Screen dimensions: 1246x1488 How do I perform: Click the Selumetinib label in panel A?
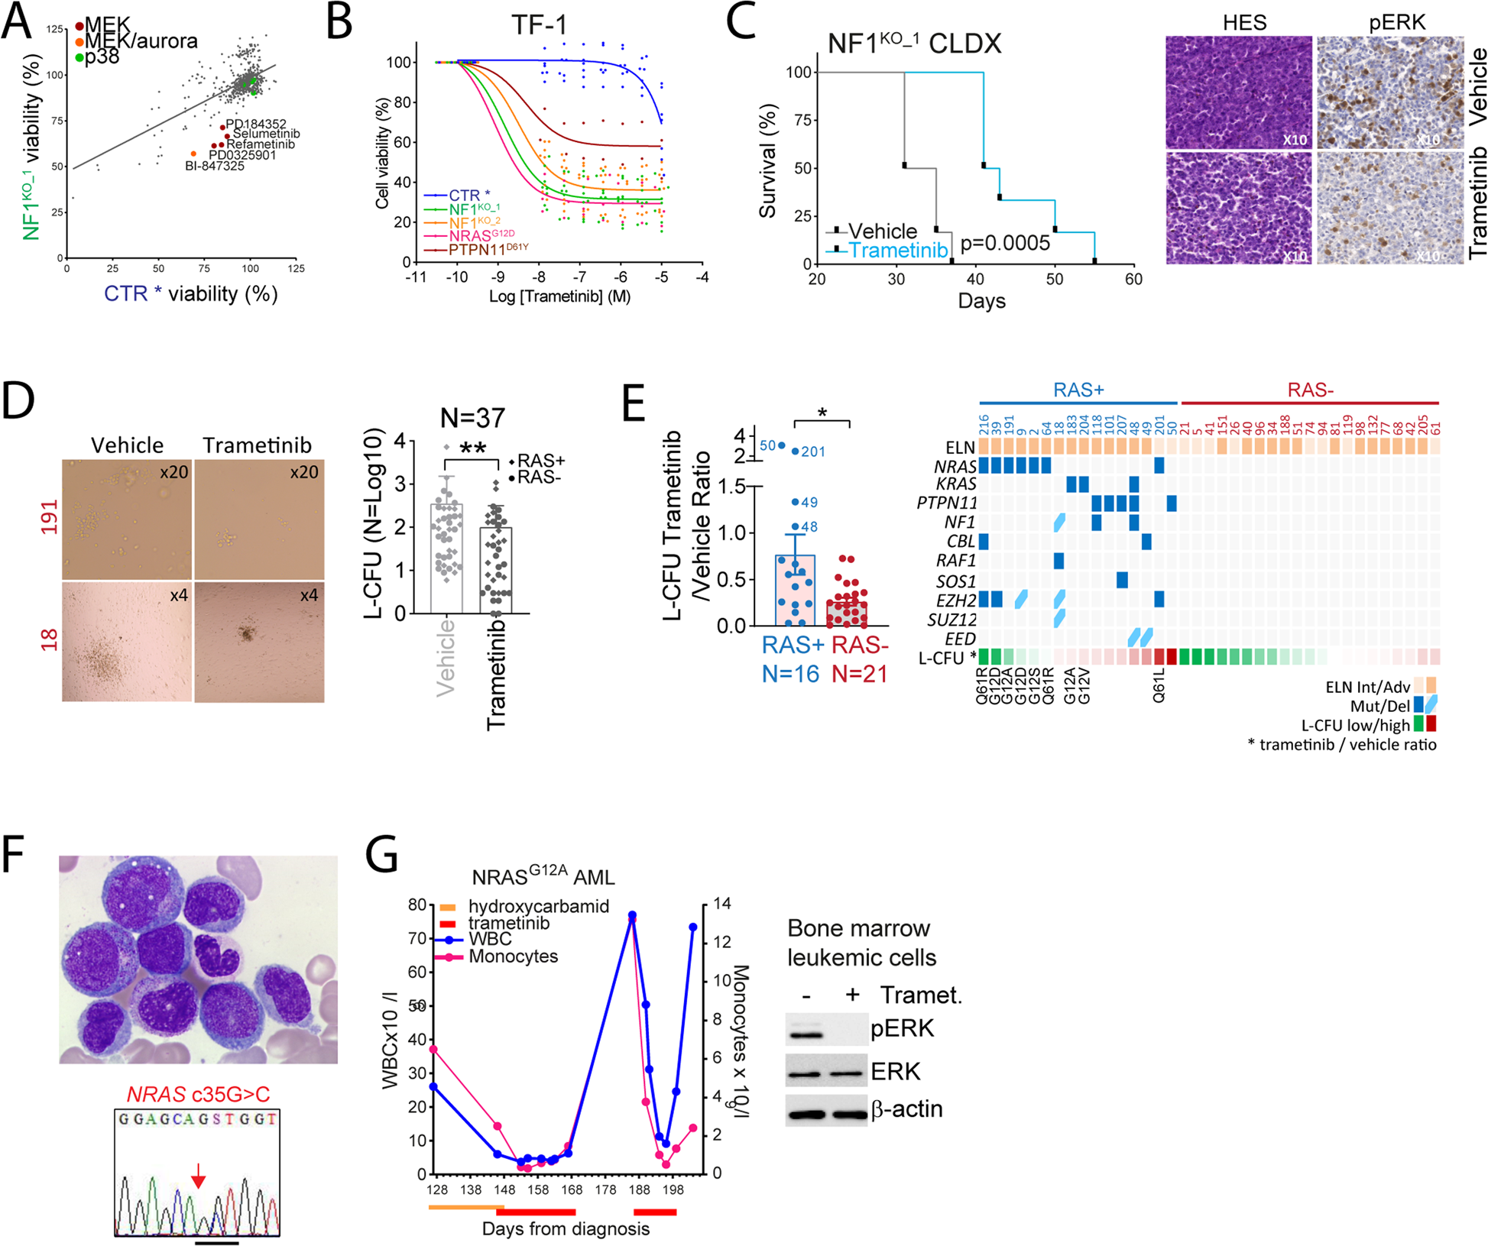tap(266, 134)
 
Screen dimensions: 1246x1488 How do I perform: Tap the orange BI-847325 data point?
tap(193, 154)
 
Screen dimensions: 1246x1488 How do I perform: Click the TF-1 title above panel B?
tap(540, 24)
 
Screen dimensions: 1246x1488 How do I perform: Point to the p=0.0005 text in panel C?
tap(1005, 244)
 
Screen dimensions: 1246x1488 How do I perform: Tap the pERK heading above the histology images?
tap(1396, 23)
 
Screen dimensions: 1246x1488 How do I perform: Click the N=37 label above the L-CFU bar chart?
tap(472, 418)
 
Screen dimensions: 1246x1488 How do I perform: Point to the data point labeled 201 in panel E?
tap(795, 451)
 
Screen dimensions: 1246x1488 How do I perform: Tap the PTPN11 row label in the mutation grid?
tap(946, 503)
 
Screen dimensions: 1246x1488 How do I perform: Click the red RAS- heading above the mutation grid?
tap(1310, 390)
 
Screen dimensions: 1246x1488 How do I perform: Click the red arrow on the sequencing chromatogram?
tap(198, 1175)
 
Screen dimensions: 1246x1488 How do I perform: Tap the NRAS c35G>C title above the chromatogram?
tap(198, 1095)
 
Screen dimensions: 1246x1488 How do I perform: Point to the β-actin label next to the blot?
tap(906, 1109)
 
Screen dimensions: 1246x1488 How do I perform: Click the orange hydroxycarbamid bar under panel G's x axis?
tap(462, 1207)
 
